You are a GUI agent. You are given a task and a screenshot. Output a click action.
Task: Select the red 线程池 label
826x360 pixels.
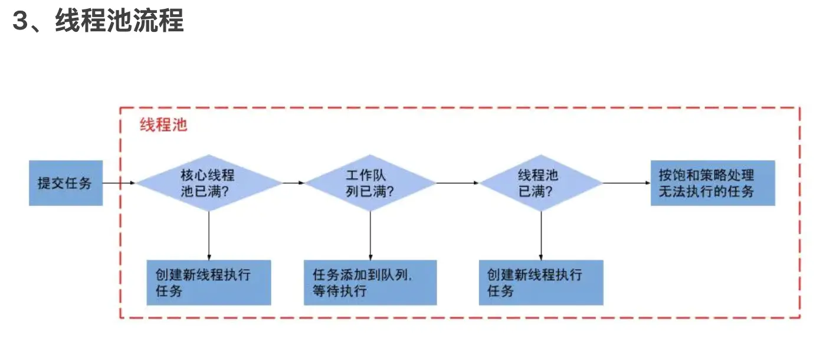click(163, 125)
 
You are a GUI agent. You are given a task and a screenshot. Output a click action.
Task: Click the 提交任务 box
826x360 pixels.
click(65, 183)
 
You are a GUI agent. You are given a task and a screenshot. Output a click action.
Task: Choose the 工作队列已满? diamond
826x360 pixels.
click(371, 183)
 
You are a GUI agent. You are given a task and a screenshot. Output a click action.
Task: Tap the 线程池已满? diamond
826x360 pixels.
click(541, 183)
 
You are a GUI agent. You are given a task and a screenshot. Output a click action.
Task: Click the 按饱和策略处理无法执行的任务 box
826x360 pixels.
click(713, 183)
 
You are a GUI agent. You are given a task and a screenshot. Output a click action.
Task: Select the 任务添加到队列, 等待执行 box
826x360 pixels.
click(370, 283)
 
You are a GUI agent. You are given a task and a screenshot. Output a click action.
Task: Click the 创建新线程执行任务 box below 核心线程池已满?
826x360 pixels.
click(209, 283)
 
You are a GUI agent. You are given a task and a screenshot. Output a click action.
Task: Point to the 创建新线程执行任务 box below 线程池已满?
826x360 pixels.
click(541, 283)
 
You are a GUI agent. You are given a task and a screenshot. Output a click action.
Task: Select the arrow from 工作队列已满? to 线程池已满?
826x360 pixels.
click(458, 183)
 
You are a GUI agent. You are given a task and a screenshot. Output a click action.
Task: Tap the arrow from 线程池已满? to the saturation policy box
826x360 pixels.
click(627, 183)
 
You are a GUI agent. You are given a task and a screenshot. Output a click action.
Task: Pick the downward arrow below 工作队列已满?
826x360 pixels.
click(371, 235)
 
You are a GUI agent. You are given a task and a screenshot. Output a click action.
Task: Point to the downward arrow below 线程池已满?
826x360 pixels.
click(541, 235)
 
